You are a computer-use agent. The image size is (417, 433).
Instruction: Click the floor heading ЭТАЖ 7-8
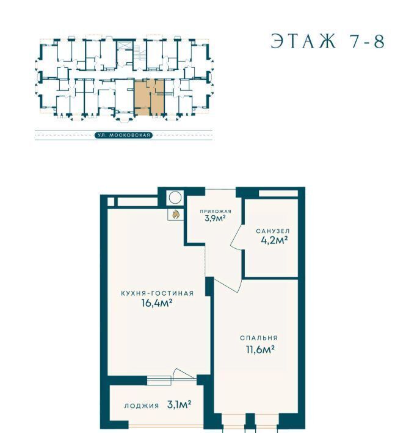328,41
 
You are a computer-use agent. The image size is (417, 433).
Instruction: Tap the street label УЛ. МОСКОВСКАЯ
123,135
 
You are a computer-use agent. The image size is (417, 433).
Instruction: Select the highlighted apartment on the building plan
150,97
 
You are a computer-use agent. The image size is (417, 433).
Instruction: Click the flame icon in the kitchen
175,214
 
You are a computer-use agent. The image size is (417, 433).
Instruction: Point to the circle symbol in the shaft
175,198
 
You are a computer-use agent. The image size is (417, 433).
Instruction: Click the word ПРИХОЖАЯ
216,211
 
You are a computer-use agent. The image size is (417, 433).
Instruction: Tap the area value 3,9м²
216,218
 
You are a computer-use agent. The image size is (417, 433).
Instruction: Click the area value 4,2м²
274,240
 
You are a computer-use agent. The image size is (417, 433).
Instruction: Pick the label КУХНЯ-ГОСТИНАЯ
158,293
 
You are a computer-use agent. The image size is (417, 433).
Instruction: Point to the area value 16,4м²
157,303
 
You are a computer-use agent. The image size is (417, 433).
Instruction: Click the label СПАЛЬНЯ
259,338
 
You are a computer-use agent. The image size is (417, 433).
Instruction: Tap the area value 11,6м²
260,349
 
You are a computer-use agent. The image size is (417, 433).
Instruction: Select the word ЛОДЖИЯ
142,406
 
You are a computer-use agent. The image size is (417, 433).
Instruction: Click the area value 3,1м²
179,405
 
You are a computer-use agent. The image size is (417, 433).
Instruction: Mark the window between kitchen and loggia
159,381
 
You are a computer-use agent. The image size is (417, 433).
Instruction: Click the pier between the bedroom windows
250,421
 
